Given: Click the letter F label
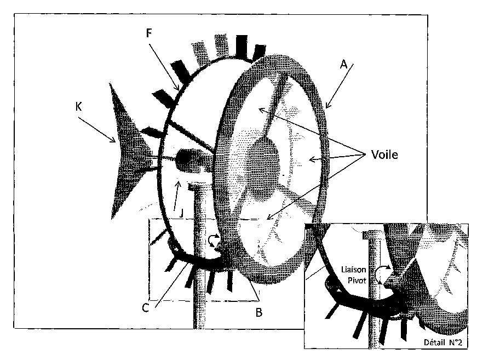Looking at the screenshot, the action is pyautogui.click(x=149, y=33).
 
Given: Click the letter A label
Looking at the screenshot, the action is pyautogui.click(x=343, y=65).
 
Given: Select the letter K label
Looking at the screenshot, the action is pyautogui.click(x=78, y=106).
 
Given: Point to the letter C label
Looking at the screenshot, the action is pyautogui.click(x=146, y=308).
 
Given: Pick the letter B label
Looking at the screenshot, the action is pyautogui.click(x=259, y=312).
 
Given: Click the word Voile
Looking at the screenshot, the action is pyautogui.click(x=384, y=155).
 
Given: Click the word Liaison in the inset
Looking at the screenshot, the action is pyautogui.click(x=353, y=270).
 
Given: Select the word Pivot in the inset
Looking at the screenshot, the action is pyautogui.click(x=357, y=280).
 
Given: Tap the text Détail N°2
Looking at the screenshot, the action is pyautogui.click(x=443, y=342).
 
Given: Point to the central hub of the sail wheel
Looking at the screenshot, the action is pyautogui.click(x=264, y=164).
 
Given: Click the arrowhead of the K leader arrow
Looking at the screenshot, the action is pyautogui.click(x=114, y=140).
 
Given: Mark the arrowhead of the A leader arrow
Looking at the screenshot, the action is pyautogui.click(x=327, y=106).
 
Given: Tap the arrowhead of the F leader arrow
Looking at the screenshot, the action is pyautogui.click(x=177, y=88).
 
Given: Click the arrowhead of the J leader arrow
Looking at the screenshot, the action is pyautogui.click(x=179, y=182).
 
